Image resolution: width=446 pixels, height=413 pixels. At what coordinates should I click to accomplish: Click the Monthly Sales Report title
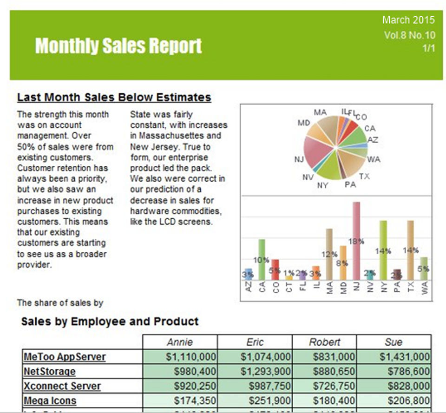(118, 46)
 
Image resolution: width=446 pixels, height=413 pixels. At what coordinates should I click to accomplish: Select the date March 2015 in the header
(408, 20)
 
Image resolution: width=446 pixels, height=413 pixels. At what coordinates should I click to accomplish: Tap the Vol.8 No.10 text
(409, 35)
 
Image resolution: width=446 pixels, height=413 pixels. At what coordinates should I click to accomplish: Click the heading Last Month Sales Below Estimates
(114, 97)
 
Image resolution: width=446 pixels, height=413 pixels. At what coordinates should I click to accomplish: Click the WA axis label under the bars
(425, 288)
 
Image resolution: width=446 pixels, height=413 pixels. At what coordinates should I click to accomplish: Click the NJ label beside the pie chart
(299, 159)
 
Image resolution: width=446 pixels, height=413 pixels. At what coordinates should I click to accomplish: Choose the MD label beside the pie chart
(304, 123)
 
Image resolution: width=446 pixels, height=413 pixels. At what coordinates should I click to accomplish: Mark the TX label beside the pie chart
(364, 177)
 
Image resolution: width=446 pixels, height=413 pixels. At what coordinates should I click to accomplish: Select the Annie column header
(179, 342)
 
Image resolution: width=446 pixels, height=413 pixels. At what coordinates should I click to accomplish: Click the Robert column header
(324, 342)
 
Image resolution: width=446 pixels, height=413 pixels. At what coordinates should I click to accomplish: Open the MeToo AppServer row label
(65, 357)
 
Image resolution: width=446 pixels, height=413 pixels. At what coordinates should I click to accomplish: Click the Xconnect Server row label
(62, 386)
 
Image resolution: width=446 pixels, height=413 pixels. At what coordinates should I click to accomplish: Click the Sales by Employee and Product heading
(110, 321)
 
